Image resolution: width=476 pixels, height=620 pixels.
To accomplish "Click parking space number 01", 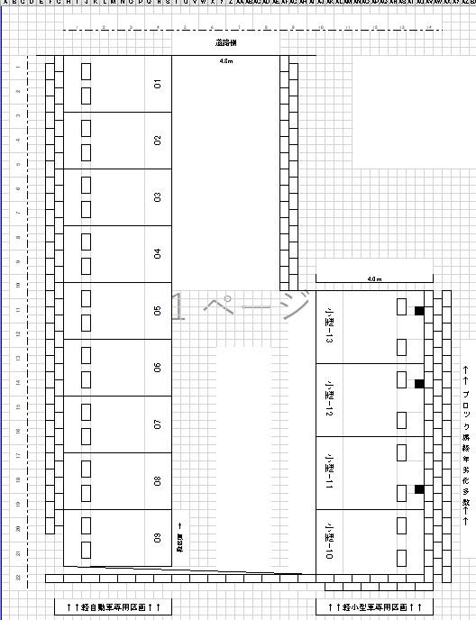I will pos(158,84).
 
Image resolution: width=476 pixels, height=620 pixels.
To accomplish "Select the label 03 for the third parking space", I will pos(158,197).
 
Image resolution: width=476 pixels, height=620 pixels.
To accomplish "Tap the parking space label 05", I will pos(158,311).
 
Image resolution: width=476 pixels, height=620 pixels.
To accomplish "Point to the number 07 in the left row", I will pos(158,424).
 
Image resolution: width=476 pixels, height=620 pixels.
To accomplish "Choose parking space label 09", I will pos(158,538).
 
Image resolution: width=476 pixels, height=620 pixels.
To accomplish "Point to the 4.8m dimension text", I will pos(225,62).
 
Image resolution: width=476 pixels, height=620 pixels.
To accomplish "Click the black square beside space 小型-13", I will pos(419,311).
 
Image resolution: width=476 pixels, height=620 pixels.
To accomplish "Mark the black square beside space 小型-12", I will pos(419,384).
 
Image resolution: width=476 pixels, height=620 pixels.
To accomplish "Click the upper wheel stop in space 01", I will pos(86,71).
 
